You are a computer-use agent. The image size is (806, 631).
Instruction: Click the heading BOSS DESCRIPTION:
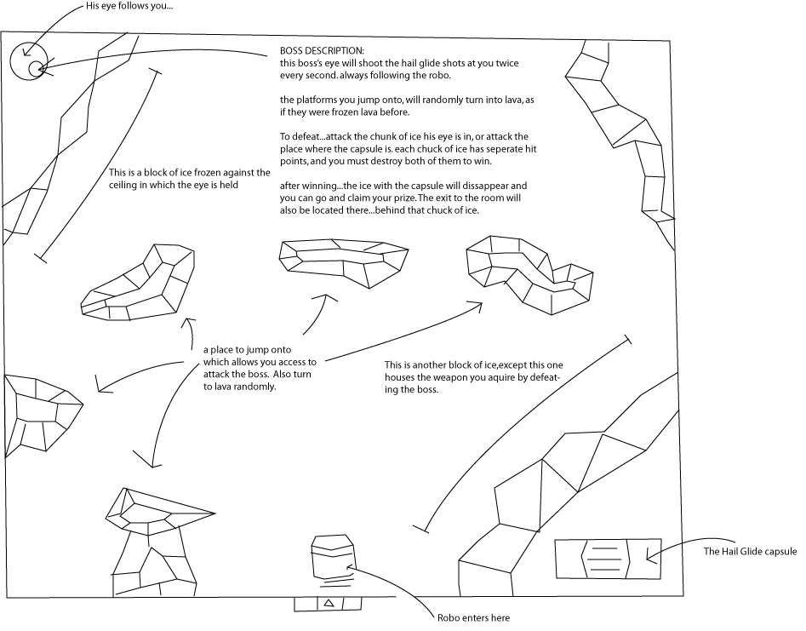coord(323,51)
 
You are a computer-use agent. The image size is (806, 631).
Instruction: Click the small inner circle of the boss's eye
coord(36,68)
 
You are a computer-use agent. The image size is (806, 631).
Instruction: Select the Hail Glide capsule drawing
coord(608,559)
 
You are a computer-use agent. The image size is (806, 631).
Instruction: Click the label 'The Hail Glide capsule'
coord(750,551)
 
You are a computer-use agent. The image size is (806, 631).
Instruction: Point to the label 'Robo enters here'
coord(473,617)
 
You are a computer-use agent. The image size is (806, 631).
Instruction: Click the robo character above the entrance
coord(333,560)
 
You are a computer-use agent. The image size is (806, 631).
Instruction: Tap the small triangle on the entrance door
coord(329,604)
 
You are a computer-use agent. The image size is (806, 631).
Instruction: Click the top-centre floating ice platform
coord(343,261)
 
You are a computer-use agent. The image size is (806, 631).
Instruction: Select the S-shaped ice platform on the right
coord(529,274)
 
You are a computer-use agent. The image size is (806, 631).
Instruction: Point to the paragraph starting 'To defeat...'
coord(409,149)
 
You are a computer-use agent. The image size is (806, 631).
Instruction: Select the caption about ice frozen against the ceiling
coord(190,179)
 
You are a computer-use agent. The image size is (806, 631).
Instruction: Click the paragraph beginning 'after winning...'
coord(403,198)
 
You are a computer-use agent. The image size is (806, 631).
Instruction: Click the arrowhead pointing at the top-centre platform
coord(325,298)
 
